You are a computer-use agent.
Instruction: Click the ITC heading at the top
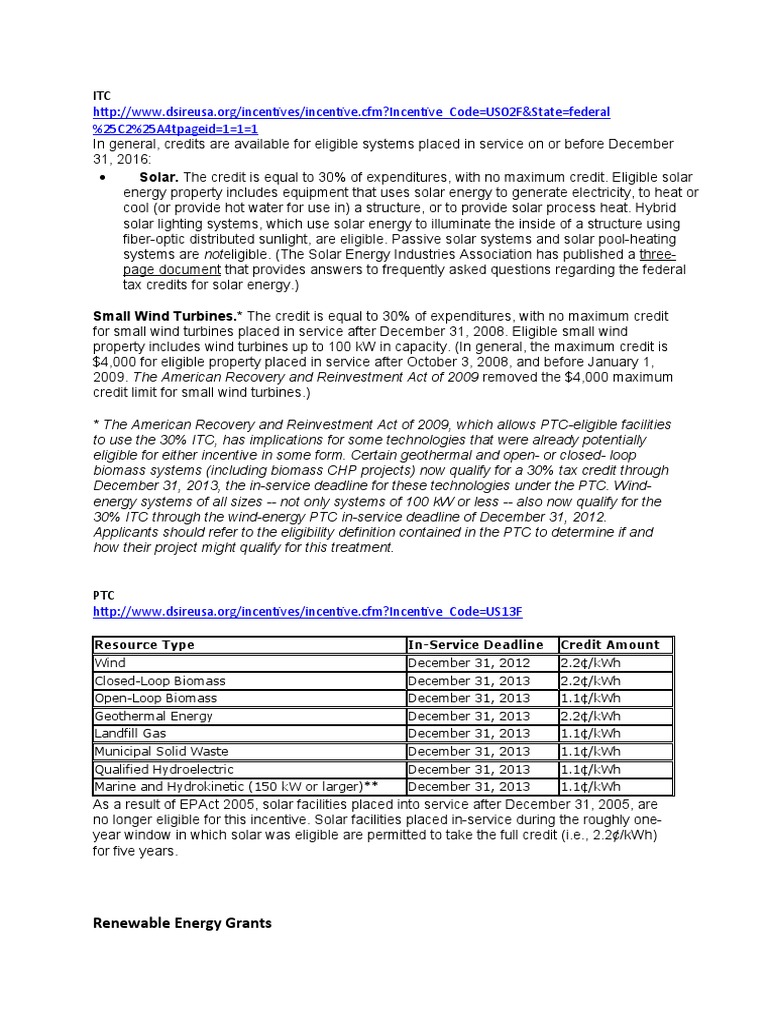click(101, 95)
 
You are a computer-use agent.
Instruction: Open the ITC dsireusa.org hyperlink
click(351, 112)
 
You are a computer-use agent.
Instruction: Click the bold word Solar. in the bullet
click(159, 177)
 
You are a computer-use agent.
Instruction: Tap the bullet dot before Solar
click(105, 177)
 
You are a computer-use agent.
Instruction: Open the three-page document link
click(656, 255)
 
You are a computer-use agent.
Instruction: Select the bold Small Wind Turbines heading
click(165, 316)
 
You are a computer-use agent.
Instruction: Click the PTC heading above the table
click(103, 595)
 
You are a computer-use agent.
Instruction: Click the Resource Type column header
click(145, 645)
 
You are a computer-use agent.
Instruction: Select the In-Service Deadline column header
click(475, 645)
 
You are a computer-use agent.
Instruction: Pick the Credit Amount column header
click(610, 645)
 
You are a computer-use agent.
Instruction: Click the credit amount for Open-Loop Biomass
click(591, 698)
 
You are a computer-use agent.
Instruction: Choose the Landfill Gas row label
click(130, 734)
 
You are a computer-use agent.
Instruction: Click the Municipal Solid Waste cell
click(161, 752)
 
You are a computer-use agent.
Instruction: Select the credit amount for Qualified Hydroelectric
click(591, 770)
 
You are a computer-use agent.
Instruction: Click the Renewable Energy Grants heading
click(182, 923)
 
